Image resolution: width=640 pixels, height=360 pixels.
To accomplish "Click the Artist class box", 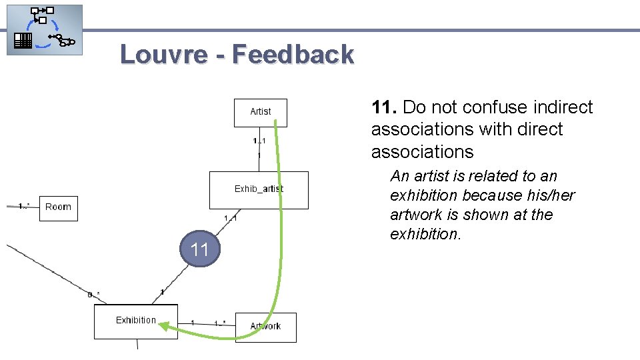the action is [x=260, y=112].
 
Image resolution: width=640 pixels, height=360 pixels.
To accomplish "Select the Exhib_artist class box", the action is [x=259, y=190].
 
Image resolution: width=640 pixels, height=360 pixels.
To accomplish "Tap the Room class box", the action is [x=58, y=207].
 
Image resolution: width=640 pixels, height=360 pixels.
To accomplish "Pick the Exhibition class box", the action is [x=136, y=321].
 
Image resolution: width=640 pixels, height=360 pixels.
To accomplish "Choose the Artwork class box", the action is [x=265, y=327].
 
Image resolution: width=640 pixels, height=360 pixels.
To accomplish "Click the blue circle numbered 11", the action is [x=200, y=250].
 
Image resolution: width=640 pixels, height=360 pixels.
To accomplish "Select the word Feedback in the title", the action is [x=293, y=54].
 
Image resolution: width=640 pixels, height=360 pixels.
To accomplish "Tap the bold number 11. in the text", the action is [x=385, y=107].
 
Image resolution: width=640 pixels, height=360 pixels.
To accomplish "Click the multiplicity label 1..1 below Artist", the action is [x=259, y=141].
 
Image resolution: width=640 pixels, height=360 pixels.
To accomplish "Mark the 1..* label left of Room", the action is [x=24, y=206].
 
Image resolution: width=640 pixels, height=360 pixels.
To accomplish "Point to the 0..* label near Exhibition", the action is [x=94, y=294].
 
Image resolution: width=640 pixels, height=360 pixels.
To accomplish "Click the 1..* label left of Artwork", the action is [x=220, y=323].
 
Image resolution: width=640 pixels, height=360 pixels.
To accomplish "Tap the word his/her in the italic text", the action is [x=550, y=195].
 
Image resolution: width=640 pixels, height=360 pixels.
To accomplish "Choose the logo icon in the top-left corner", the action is [x=45, y=29].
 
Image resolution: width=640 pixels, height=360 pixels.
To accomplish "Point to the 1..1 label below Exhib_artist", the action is [x=230, y=218].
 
